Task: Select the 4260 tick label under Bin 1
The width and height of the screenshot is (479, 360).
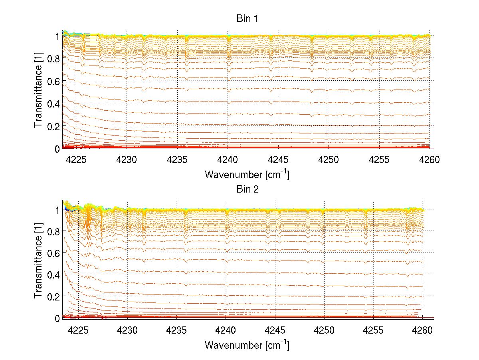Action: [430, 160]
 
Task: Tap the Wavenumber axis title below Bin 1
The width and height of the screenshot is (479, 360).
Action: [247, 175]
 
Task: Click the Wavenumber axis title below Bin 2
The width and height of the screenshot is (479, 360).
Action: [247, 345]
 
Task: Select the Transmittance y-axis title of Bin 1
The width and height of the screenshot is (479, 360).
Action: [38, 92]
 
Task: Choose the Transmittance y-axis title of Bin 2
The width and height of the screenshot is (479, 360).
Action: [38, 263]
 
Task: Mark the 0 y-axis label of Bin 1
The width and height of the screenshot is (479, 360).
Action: [57, 149]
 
